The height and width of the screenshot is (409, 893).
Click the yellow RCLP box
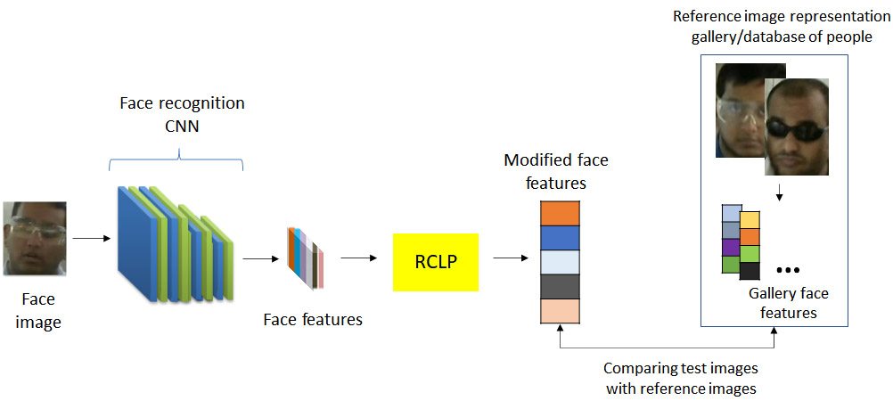click(436, 262)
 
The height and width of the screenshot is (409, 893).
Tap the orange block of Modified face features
click(560, 214)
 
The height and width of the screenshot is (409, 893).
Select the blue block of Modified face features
click(560, 238)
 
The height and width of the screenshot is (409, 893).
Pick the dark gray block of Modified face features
click(560, 286)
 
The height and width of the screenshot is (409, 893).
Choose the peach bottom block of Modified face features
click(560, 310)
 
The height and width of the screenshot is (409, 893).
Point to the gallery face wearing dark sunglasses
click(797, 125)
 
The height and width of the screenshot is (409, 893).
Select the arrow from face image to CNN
click(90, 238)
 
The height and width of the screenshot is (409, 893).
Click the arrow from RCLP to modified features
click(510, 258)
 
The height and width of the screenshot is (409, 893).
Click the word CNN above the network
click(182, 126)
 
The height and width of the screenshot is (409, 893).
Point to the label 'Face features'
click(313, 319)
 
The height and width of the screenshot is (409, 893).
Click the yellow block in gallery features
click(750, 220)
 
